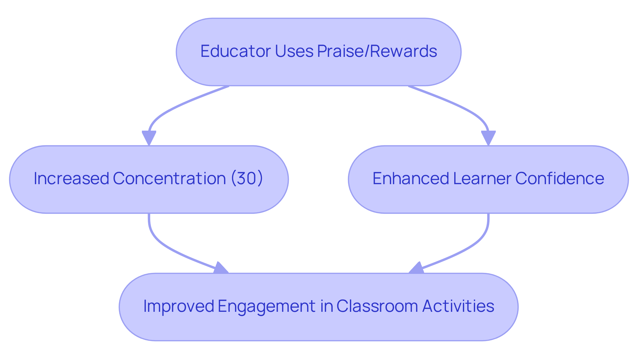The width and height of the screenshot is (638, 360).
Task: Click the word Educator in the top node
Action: [235, 51]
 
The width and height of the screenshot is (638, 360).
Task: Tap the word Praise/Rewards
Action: [377, 51]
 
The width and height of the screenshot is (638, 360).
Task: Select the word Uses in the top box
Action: [294, 51]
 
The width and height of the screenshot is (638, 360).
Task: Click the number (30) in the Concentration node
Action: [247, 179]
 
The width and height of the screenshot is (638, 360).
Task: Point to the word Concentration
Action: [169, 179]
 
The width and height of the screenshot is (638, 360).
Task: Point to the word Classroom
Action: [377, 306]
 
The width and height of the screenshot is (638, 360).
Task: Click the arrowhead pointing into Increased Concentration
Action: [149, 138]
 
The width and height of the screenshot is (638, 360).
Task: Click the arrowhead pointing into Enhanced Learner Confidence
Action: [488, 138]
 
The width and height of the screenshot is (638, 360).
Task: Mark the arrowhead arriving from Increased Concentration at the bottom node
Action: [220, 268]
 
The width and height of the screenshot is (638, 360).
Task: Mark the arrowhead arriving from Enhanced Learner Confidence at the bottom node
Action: [417, 268]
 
